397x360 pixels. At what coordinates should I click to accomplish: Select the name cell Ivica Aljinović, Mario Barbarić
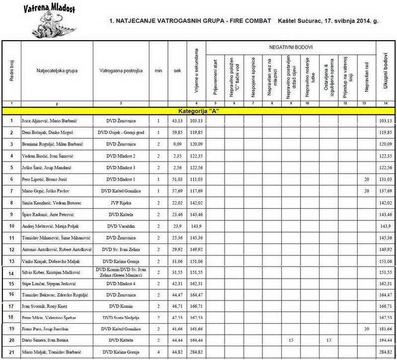pos(50,121)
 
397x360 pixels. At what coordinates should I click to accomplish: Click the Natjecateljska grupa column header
pos(57,71)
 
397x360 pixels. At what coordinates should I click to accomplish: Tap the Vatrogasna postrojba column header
pos(121,71)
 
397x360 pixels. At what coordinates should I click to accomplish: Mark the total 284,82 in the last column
pos(385,351)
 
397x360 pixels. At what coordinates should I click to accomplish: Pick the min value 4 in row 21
pos(158,351)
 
